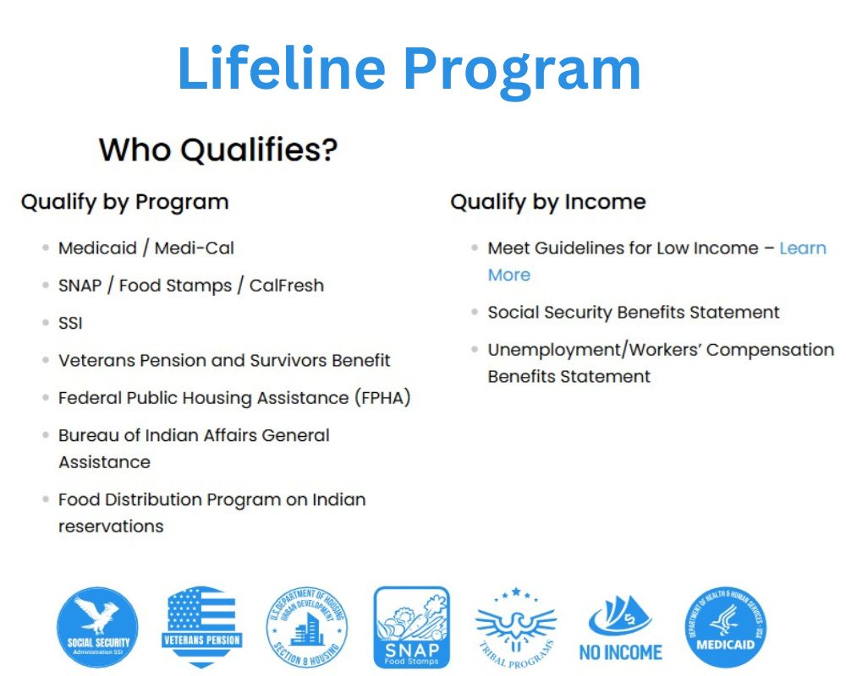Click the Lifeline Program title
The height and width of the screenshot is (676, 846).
(409, 69)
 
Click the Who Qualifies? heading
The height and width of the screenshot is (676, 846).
(218, 150)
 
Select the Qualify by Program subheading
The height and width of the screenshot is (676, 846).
(124, 203)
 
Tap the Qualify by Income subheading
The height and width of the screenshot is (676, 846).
(547, 203)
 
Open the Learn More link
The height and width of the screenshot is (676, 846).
(802, 248)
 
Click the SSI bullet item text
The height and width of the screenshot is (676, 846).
(70, 323)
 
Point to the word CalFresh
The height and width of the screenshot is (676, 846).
(286, 286)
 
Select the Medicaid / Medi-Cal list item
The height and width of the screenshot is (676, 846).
(146, 248)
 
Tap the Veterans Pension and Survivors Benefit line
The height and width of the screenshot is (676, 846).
(224, 361)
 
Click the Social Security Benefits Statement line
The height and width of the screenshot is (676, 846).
(633, 313)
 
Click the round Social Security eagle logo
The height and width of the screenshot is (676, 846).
(97, 629)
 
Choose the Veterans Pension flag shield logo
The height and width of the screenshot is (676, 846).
(201, 627)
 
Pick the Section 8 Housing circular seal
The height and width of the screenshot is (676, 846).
(306, 629)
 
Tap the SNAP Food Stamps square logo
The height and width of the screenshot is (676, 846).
(412, 628)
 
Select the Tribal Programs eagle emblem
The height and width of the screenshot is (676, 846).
(516, 629)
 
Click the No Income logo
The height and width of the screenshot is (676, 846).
(621, 629)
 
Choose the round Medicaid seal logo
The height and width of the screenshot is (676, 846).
(725, 629)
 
